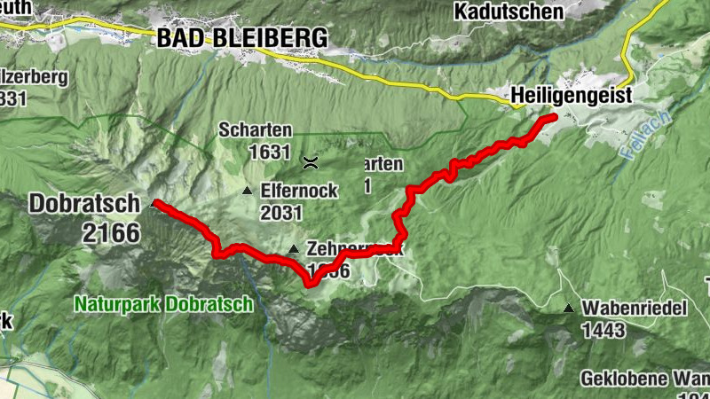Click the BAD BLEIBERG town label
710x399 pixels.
241,37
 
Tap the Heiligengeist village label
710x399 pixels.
571,95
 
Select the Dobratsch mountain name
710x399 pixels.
84,203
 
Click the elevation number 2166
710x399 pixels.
109,233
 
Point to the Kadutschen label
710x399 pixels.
508,11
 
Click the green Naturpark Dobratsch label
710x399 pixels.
163,303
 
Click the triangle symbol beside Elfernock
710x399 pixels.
247,191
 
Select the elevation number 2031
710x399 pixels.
281,213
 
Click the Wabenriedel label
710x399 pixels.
636,309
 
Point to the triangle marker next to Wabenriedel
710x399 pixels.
568,309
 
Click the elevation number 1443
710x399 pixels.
604,331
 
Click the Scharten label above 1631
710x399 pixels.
256,129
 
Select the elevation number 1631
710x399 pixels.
270,153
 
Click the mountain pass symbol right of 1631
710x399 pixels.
311,161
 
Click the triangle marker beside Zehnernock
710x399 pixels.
294,248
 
